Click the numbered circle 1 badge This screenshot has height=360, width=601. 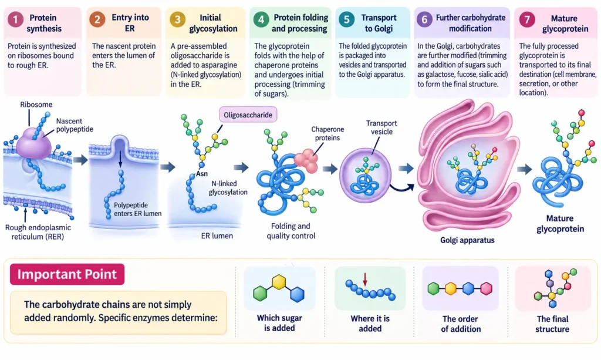(16, 19)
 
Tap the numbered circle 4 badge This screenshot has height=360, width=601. (261, 19)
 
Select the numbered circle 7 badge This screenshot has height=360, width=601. (527, 19)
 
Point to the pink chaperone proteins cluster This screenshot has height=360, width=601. (306, 161)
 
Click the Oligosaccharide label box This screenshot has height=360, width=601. (248, 115)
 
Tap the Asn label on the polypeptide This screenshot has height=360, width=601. (202, 174)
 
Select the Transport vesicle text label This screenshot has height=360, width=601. (381, 127)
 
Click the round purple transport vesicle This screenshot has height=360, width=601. (365, 175)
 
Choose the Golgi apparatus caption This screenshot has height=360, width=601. (467, 240)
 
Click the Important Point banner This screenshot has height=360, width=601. (67, 274)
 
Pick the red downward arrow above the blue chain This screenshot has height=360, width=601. (365, 279)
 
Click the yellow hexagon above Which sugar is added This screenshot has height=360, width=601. (279, 282)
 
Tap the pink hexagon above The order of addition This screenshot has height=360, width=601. (487, 288)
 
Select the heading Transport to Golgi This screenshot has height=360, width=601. (379, 23)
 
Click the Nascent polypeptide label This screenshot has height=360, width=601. (75, 125)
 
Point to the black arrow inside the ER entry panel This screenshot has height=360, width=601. (120, 159)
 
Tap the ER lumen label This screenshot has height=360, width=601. (217, 235)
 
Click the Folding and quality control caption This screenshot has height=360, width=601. (291, 231)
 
